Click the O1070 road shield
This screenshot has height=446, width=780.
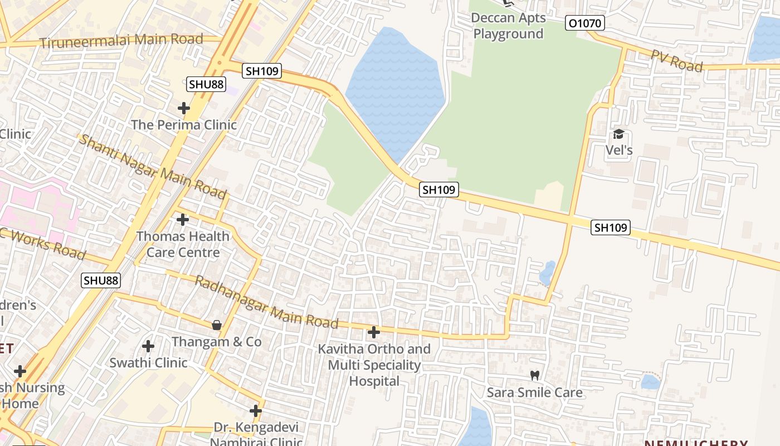(x=585, y=23)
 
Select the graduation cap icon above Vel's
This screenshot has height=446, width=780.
(x=618, y=134)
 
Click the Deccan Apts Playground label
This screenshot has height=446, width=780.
(x=508, y=26)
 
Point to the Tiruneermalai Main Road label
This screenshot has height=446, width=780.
(x=121, y=41)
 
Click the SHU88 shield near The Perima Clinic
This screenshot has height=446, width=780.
(x=206, y=84)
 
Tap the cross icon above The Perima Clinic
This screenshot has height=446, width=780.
(x=184, y=108)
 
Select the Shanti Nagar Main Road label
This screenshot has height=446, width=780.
(x=152, y=166)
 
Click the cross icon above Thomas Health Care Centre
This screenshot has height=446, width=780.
(x=183, y=220)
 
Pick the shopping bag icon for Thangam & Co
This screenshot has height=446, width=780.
(x=216, y=324)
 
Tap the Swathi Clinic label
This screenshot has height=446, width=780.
(x=148, y=362)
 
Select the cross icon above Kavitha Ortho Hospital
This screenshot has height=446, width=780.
(x=374, y=333)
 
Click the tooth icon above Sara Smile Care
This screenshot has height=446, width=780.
(x=535, y=376)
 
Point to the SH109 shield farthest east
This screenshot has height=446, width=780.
(x=611, y=227)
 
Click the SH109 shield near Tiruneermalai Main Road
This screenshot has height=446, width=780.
(x=262, y=71)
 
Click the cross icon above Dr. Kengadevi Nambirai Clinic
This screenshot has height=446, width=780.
(x=256, y=411)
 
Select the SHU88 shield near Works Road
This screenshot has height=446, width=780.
(x=101, y=280)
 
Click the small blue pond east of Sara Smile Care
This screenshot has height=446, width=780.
(x=650, y=382)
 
